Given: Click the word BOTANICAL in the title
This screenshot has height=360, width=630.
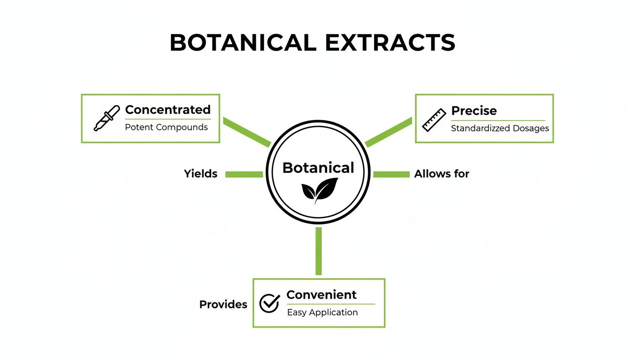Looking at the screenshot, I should tap(243, 43).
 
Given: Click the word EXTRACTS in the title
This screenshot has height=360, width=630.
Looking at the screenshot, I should tap(390, 43).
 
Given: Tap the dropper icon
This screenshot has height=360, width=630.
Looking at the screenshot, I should tap(104, 119).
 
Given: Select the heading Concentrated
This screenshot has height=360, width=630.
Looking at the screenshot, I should tap(168, 110).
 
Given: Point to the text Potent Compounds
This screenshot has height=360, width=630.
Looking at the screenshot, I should tap(166, 127).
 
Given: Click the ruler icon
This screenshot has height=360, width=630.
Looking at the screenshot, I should tap(434, 120).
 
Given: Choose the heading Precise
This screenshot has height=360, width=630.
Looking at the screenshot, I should tap(474, 111).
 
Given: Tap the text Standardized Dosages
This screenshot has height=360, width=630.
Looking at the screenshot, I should tap(500, 128).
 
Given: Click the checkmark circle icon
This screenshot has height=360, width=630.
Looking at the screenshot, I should tap(270, 303).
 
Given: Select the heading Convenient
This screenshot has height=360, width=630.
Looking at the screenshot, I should tap(322, 295).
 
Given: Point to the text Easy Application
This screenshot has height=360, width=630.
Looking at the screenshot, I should tap(322, 312).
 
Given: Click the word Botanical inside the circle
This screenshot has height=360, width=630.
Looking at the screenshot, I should tap(318, 168).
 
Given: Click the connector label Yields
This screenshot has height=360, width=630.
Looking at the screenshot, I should tap(201, 174).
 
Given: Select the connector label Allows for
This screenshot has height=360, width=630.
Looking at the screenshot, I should tap(442, 174).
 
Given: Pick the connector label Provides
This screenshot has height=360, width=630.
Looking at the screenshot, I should tap(223, 304).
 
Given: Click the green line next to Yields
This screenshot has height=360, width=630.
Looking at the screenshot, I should tap(244, 174).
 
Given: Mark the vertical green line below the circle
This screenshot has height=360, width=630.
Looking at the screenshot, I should tap(319, 251).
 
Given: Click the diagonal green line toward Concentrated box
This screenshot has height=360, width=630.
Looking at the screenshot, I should tap(247, 132).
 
